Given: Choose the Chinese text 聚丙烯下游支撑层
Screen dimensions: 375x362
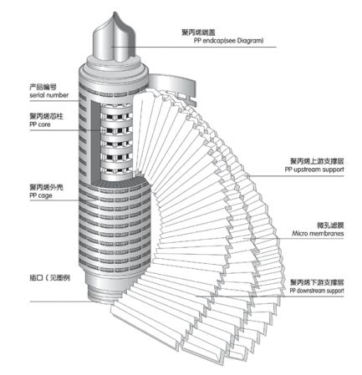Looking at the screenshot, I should (x=321, y=281).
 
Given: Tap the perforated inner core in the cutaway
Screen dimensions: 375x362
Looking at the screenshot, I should (x=121, y=138).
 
